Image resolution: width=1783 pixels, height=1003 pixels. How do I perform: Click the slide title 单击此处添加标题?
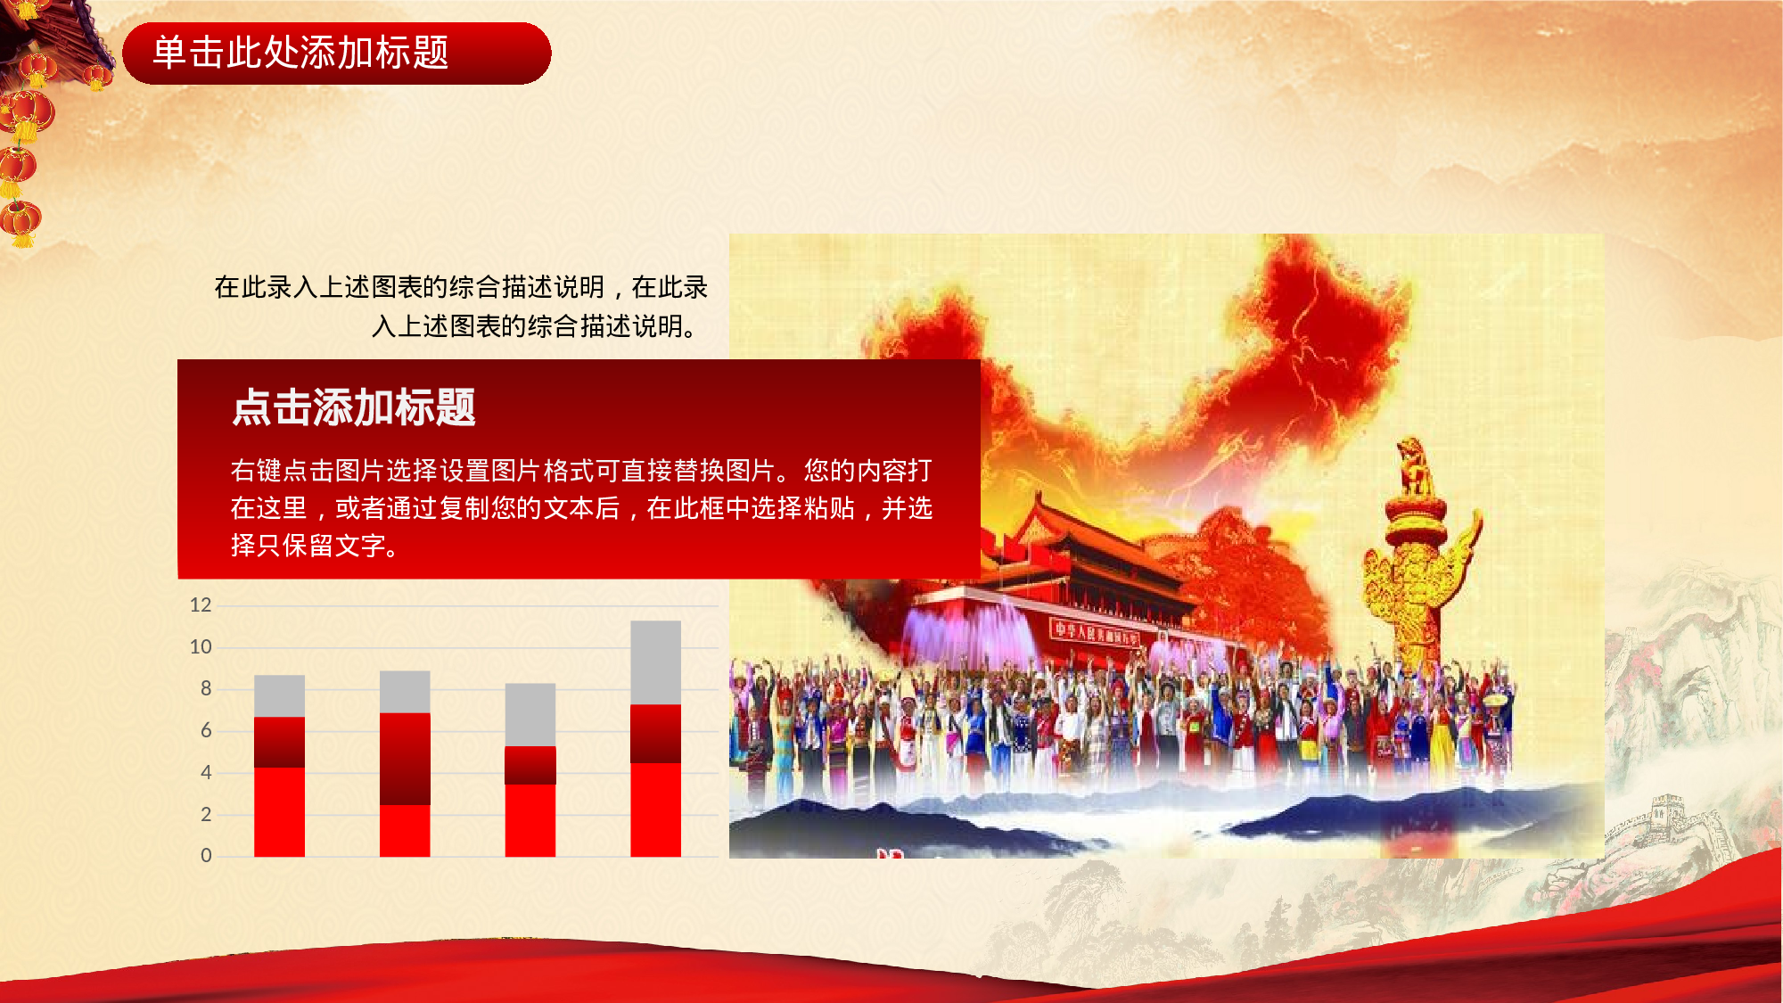point(300,53)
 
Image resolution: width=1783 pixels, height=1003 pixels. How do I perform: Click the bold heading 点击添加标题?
point(353,407)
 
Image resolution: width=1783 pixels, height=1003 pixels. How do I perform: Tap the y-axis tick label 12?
point(201,605)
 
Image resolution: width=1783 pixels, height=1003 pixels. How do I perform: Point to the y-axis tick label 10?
point(201,647)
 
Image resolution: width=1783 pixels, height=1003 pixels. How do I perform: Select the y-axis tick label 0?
point(206,856)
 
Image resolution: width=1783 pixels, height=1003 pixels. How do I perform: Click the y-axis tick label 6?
point(206,731)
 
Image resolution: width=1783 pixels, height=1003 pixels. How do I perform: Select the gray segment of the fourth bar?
point(655,662)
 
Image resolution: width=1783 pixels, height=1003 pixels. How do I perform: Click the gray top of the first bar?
point(279,695)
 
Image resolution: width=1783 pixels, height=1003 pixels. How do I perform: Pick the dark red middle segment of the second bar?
point(405,759)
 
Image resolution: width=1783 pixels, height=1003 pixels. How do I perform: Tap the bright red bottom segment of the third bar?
point(530,820)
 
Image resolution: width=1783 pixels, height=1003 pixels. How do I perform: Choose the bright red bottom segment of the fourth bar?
point(655,810)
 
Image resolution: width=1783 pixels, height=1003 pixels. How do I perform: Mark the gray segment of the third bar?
point(530,714)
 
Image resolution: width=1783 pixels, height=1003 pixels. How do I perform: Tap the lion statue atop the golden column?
point(1414,464)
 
